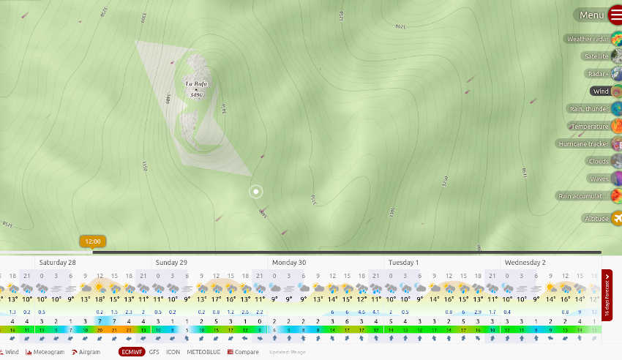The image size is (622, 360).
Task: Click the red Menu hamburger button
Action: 614,15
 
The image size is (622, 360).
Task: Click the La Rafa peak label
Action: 196,85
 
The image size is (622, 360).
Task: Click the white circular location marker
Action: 256,192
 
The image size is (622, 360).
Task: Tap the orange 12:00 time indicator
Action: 93,241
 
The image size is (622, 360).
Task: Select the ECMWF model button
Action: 132,352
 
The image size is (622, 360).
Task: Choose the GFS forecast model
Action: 154,352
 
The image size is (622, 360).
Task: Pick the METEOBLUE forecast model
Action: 203,352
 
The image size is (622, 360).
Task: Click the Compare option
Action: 243,352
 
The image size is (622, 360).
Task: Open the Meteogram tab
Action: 45,352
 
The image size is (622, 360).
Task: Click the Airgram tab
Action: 86,352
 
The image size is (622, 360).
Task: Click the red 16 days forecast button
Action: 607,296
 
